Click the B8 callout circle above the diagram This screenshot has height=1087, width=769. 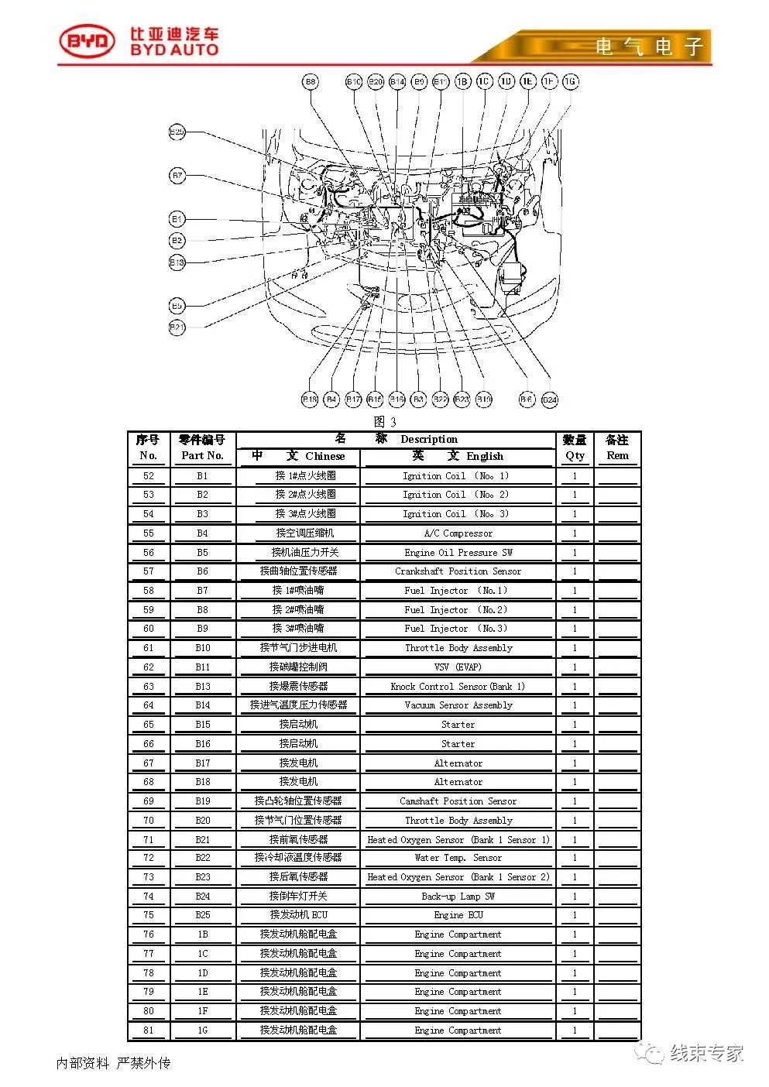click(x=310, y=81)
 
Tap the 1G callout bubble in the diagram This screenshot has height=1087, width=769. click(x=571, y=81)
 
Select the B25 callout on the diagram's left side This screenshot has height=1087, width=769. click(x=177, y=132)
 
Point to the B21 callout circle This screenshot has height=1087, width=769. click(x=177, y=327)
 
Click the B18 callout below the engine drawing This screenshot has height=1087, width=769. click(x=310, y=399)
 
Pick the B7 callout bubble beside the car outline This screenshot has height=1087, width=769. click(x=177, y=176)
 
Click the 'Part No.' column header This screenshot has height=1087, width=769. click(x=202, y=455)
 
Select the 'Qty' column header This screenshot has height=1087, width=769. click(x=575, y=455)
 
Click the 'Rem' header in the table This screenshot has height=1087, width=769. click(x=617, y=455)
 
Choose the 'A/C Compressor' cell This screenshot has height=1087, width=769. click(x=458, y=533)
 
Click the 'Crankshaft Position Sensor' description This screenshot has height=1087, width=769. click(x=458, y=571)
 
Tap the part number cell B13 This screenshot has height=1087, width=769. click(x=202, y=686)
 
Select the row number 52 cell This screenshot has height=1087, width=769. click(x=149, y=476)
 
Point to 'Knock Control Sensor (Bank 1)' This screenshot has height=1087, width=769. click(x=458, y=686)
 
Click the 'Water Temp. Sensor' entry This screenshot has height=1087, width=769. click(x=458, y=858)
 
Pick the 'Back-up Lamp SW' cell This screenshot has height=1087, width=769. click(x=458, y=897)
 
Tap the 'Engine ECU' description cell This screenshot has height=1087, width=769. click(x=458, y=915)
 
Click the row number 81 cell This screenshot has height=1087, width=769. click(x=149, y=1030)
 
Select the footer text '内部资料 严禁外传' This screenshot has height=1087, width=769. click(x=113, y=1063)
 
